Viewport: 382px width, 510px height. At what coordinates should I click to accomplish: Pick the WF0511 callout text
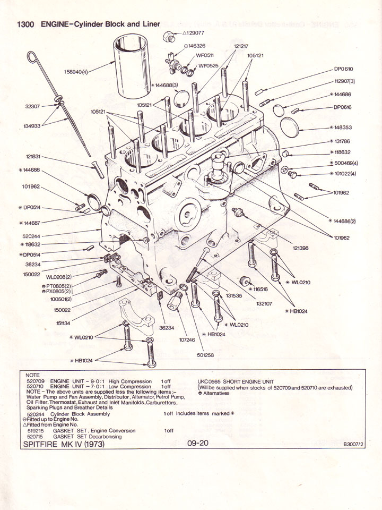pos(205,55)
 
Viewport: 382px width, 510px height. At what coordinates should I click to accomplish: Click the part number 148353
pos(343,128)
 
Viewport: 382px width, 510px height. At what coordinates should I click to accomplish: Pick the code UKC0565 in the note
pos(209,381)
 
